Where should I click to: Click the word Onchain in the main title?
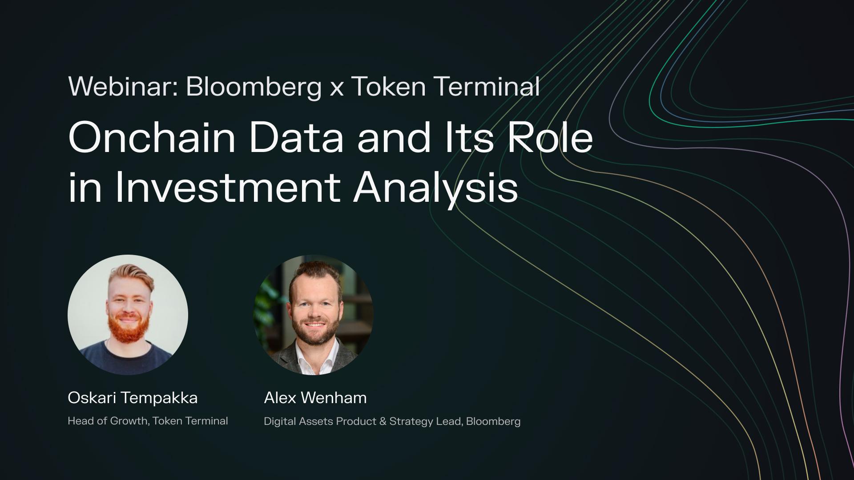[x=152, y=138]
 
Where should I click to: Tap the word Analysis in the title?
[x=436, y=188]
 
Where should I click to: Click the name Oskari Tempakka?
[x=133, y=398]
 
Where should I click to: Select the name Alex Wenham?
[x=315, y=398]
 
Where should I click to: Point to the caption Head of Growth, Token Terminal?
[x=148, y=421]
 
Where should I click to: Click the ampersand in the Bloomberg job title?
[x=383, y=421]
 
